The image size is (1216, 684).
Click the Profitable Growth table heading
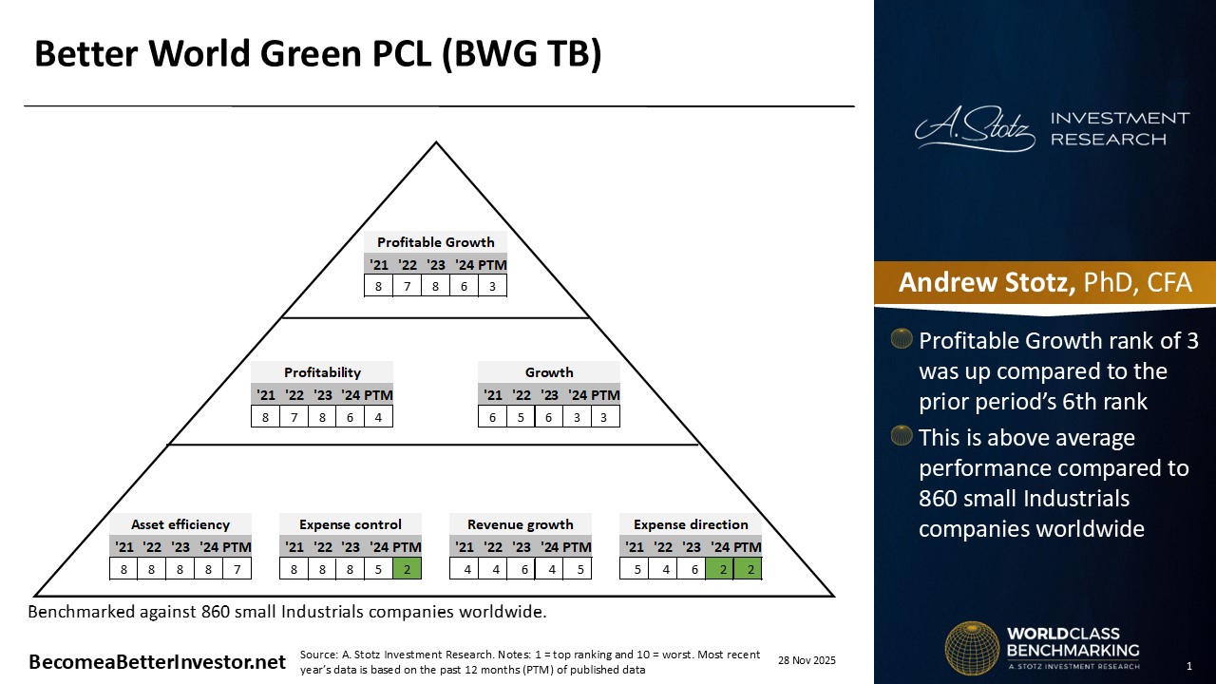(435, 242)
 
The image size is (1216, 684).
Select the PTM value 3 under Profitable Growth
(492, 285)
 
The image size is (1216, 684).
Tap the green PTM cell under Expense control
(407, 569)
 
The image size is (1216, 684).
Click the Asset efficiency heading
(180, 524)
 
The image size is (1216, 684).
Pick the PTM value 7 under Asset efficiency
(237, 569)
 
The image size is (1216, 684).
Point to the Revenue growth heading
(520, 524)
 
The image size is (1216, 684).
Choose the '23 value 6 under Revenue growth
(521, 569)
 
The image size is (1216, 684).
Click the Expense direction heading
(691, 524)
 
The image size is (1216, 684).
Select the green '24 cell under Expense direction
(720, 569)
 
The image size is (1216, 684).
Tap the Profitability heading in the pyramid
(322, 372)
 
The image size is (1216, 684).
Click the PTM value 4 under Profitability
(378, 416)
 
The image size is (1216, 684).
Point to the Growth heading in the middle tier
(549, 372)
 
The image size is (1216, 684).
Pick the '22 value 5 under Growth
(521, 416)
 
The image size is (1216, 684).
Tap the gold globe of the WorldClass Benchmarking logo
(971, 648)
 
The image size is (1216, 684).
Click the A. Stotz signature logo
(975, 128)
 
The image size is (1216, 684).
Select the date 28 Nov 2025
(807, 660)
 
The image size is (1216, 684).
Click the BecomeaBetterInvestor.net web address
(157, 662)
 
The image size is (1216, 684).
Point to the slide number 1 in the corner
(1188, 665)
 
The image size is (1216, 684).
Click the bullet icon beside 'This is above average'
(902, 437)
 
